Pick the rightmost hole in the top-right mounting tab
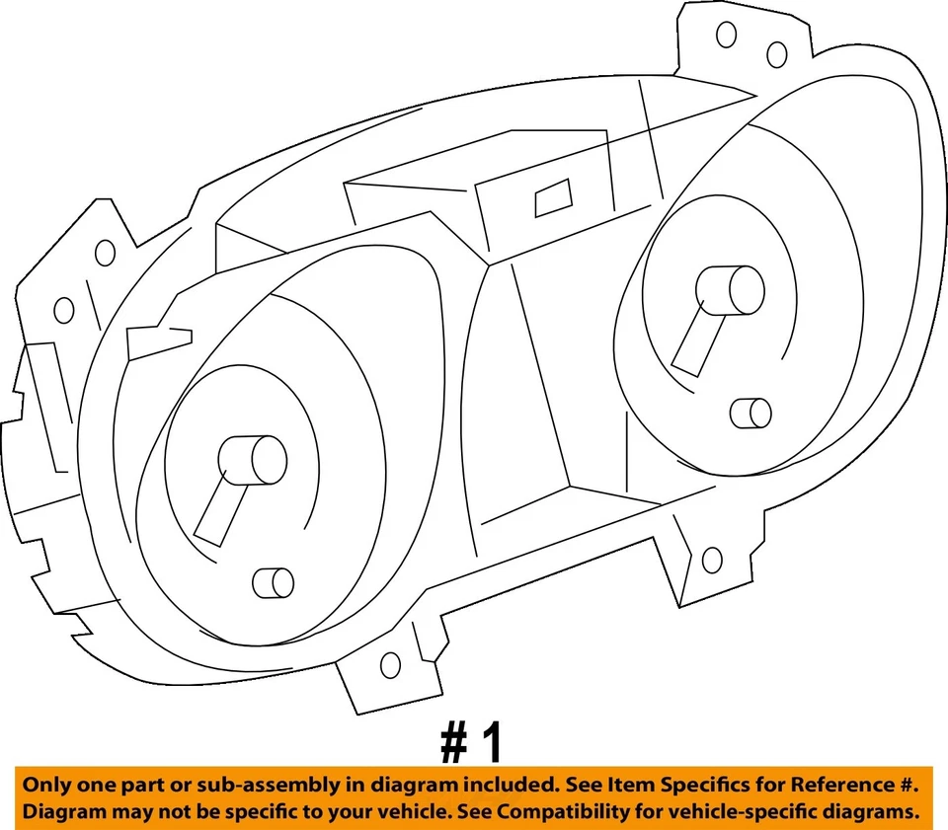pos(777,54)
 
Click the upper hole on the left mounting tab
pos(105,253)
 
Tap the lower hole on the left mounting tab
pos(64,310)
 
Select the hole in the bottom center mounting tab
pos(390,664)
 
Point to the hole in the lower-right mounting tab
pos(711,560)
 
